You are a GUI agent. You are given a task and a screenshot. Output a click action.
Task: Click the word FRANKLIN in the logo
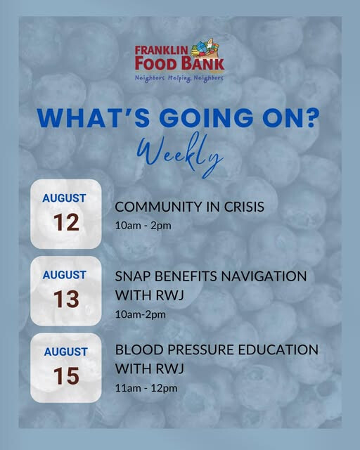coord(161,51)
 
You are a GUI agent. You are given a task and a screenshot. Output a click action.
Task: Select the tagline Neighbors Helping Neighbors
coord(179,78)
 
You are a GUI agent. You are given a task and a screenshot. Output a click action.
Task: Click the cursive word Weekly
coord(180,155)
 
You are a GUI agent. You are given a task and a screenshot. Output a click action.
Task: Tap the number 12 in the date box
coord(66,222)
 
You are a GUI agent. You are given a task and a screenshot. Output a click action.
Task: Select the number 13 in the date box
coord(66,299)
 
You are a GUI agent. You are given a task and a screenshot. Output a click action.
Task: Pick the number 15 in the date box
coord(66,376)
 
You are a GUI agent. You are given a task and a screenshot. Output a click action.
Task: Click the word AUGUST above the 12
coord(64,198)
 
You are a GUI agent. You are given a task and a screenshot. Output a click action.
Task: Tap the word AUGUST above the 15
coord(65,352)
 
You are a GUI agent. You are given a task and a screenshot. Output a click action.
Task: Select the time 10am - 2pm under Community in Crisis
coord(143,226)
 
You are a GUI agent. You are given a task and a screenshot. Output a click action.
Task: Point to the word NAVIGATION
coord(264,276)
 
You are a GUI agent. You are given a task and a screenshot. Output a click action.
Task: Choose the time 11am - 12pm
coord(146,388)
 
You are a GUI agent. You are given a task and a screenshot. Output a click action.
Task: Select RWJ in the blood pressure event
coord(170,368)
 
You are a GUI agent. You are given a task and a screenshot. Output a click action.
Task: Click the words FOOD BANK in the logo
coord(179,63)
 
